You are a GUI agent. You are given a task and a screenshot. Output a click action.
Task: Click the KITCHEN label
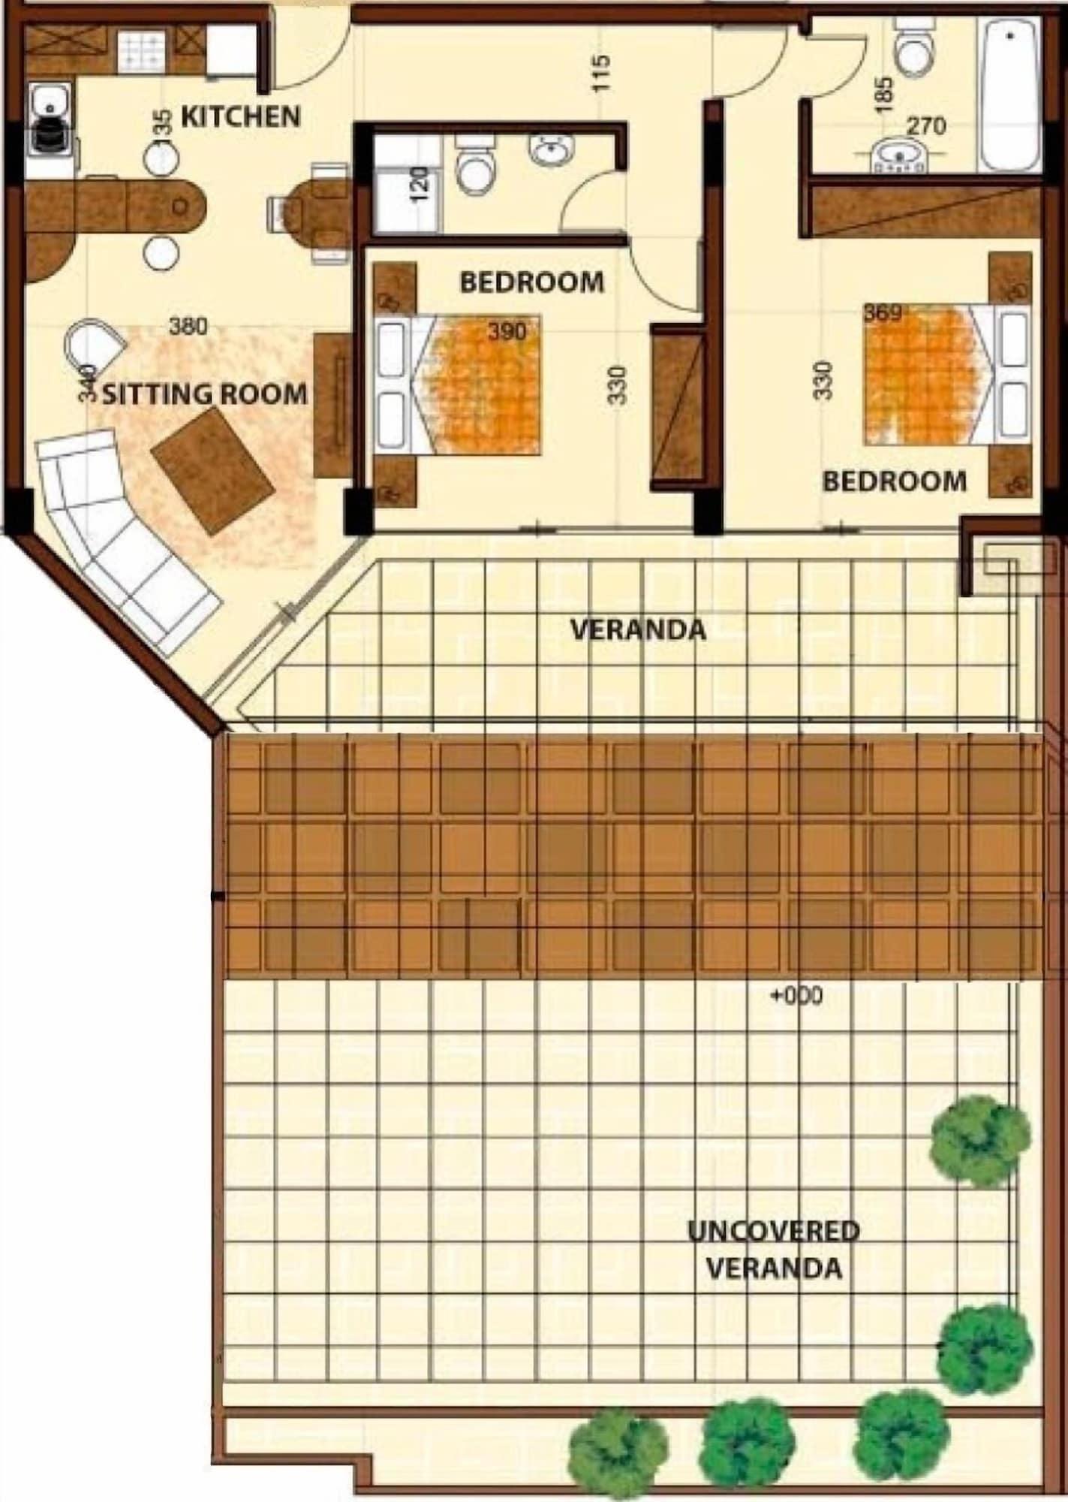coord(241,117)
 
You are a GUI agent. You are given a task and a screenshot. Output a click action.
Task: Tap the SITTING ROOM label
coord(204,394)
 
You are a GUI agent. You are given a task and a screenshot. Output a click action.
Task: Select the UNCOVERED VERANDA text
coord(774,1249)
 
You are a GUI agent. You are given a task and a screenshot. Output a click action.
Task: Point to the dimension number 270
coord(926,126)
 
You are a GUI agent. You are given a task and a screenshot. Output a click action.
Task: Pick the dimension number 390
coord(507,331)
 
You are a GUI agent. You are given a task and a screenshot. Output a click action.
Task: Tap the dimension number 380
coord(188,327)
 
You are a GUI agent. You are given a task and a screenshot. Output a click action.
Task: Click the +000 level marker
coord(797,997)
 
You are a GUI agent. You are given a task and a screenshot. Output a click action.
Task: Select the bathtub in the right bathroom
coord(1010,94)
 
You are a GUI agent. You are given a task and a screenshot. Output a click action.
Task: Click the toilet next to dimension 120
coord(474,165)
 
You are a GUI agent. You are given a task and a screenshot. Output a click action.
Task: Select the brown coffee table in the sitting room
coord(213,471)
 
